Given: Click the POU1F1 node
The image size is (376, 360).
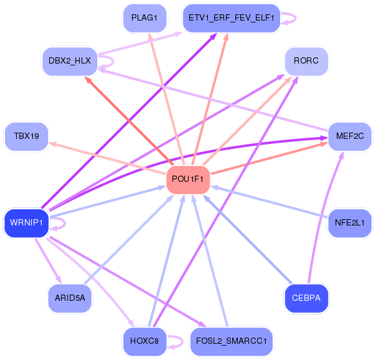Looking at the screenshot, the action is (188, 179).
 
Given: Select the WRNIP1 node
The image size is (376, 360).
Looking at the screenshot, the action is (26, 223).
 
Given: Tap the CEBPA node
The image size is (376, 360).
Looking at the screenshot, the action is (306, 298).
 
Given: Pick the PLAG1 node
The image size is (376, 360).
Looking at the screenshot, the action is (144, 18).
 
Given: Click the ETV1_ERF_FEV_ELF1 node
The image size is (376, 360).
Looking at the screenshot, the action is (232, 18).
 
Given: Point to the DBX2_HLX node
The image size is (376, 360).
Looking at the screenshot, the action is (70, 61).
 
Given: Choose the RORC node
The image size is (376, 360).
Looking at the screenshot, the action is (306, 61).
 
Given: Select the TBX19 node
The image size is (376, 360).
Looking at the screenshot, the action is (26, 136).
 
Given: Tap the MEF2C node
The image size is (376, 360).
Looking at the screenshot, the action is (350, 136).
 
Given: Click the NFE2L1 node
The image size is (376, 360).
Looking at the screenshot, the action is (350, 223).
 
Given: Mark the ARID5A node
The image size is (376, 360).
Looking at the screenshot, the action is (70, 298).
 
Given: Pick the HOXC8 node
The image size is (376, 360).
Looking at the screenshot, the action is (144, 341).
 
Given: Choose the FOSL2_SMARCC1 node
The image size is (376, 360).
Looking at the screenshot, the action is (232, 341).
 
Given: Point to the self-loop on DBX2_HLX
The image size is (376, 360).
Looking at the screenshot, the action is (113, 62).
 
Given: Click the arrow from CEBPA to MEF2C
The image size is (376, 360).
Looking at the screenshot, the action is (322, 216).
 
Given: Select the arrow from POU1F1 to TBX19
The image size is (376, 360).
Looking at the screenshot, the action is (107, 158).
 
